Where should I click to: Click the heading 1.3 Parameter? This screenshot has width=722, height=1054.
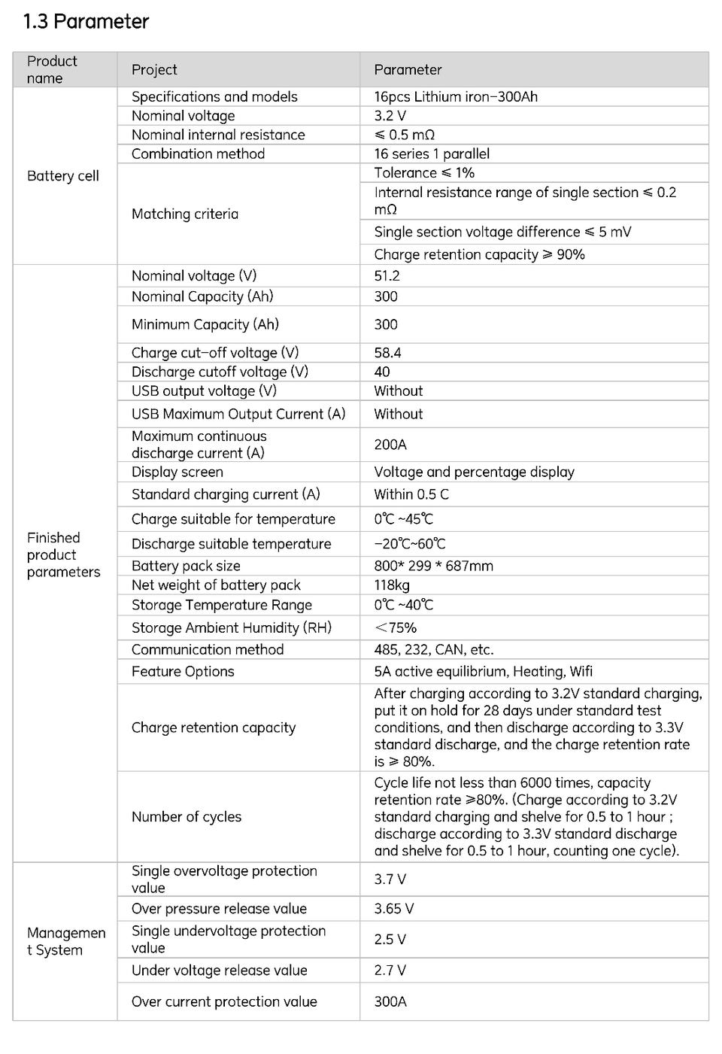(x=86, y=22)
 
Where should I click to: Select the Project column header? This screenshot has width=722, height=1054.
(x=154, y=70)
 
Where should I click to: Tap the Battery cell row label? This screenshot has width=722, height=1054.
(x=63, y=176)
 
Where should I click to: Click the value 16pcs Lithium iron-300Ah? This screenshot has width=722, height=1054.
(x=456, y=97)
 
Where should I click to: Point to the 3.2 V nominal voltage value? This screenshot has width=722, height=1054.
(x=390, y=116)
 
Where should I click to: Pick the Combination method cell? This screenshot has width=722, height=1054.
(x=198, y=154)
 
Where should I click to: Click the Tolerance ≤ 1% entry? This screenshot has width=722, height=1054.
(x=424, y=173)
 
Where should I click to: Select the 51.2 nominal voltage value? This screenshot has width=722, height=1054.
(x=387, y=276)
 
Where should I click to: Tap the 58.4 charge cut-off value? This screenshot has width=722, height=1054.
(x=387, y=353)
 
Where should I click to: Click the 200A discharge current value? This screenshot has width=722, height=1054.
(x=390, y=445)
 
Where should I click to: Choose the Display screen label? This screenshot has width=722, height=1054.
(x=177, y=472)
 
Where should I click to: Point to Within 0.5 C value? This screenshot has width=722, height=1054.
(x=411, y=494)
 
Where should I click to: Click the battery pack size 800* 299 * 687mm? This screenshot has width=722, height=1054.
(x=433, y=566)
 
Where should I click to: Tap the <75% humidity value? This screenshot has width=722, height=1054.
(x=395, y=628)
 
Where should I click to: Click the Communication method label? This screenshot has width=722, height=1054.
(x=208, y=650)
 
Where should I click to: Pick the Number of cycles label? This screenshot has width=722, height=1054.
(x=187, y=817)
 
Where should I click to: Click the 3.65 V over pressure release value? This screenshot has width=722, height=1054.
(x=393, y=909)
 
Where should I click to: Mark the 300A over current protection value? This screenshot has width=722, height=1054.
(x=390, y=1002)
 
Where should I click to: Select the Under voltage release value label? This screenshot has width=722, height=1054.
(x=219, y=970)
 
